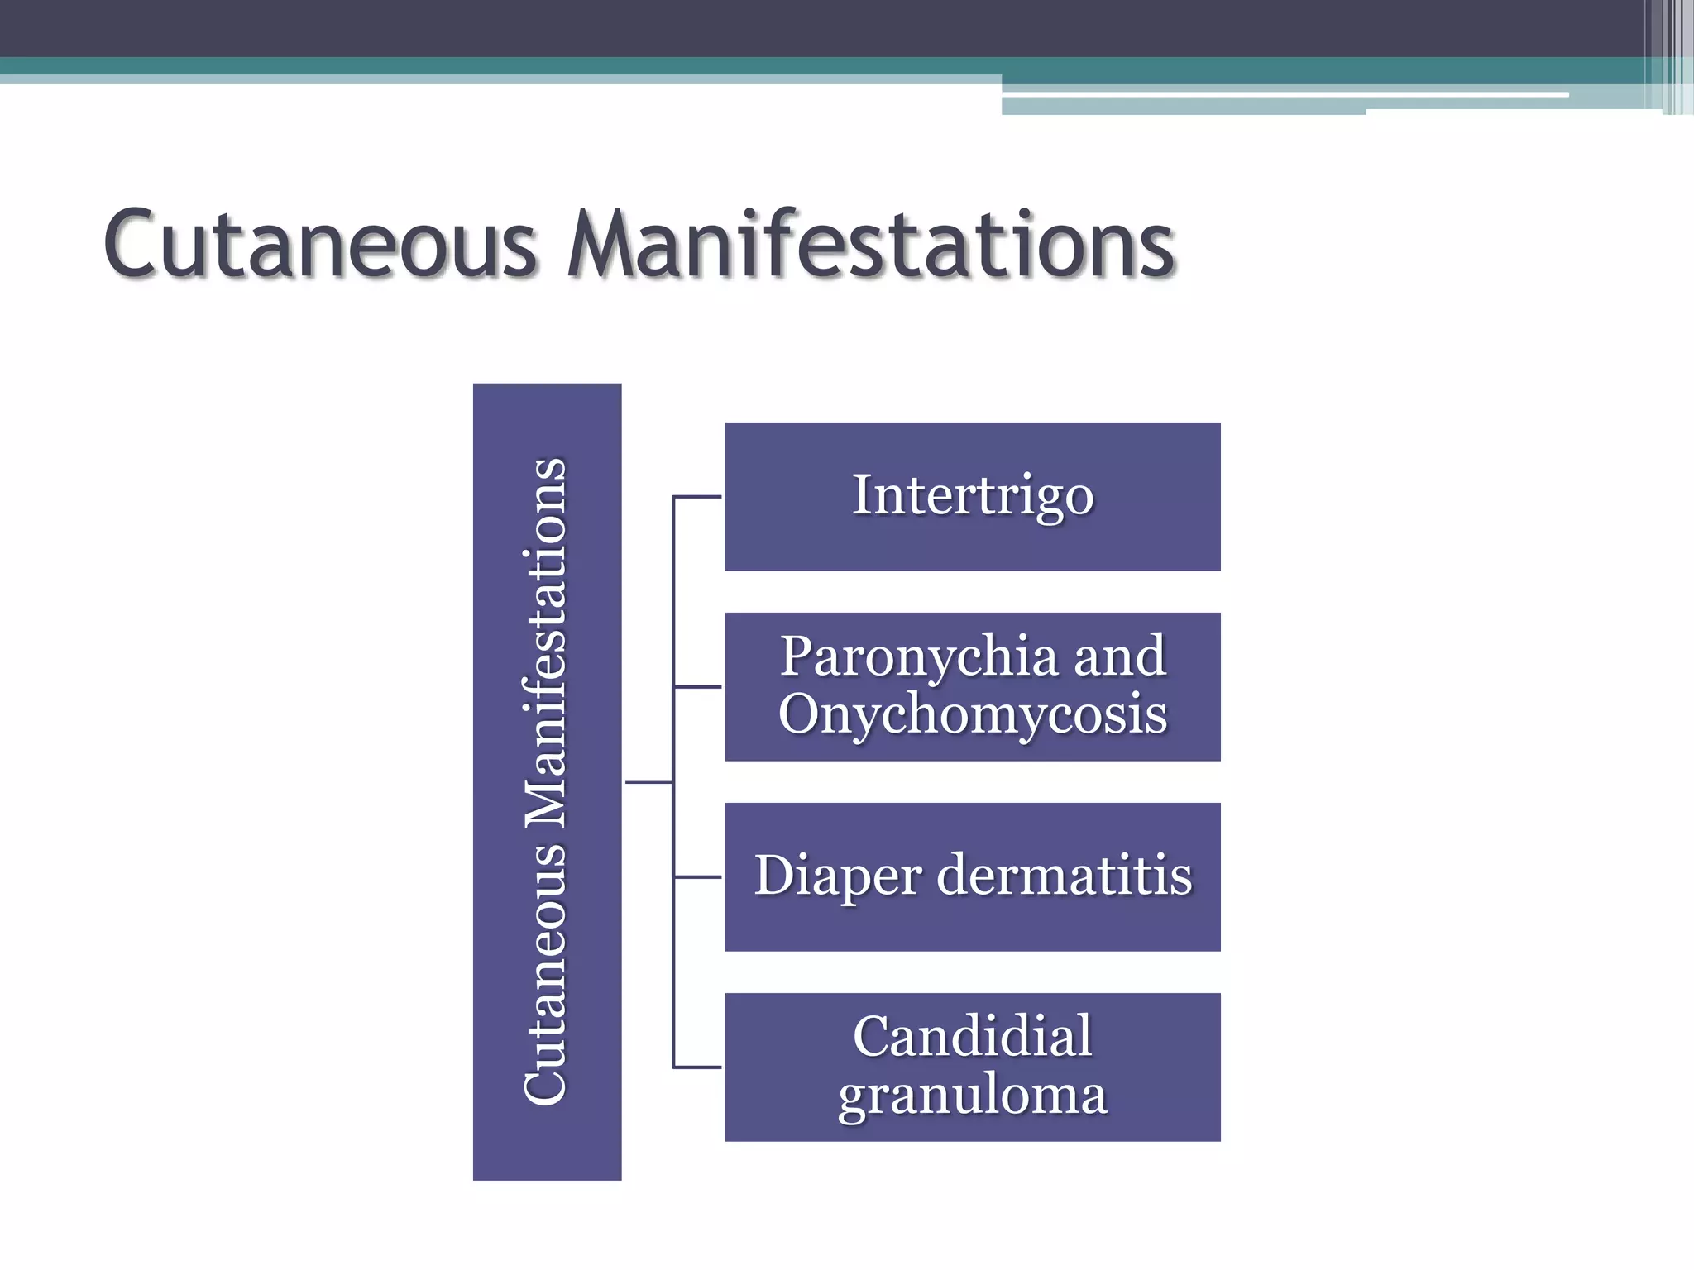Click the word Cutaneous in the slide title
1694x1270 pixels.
[x=321, y=245]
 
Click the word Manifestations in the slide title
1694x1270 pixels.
[x=871, y=245]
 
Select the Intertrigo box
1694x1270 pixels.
[x=973, y=496]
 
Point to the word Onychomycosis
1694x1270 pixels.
[x=973, y=714]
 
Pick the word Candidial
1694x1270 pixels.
[x=973, y=1036]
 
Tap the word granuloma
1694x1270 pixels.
[x=973, y=1095]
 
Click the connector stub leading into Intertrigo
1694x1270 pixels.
[x=697, y=497]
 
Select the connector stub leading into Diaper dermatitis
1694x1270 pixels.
[x=697, y=876]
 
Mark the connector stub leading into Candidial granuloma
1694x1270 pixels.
[x=697, y=1067]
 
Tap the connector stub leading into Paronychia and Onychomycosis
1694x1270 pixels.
[x=697, y=687]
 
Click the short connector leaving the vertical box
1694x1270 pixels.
[x=648, y=781]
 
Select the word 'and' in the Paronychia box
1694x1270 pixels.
[x=1120, y=656]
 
